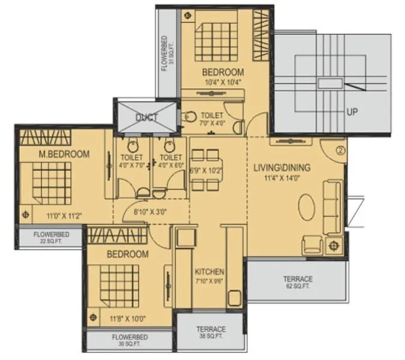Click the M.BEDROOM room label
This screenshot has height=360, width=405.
click(64, 154)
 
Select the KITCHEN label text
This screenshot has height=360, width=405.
click(209, 271)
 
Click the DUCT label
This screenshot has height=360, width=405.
click(146, 118)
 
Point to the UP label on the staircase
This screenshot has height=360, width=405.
click(353, 112)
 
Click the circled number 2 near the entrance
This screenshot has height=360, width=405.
click(340, 151)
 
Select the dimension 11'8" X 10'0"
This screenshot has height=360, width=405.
click(127, 319)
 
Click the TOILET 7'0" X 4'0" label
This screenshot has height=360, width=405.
click(212, 118)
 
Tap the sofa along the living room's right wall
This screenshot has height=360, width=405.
click(332, 207)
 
